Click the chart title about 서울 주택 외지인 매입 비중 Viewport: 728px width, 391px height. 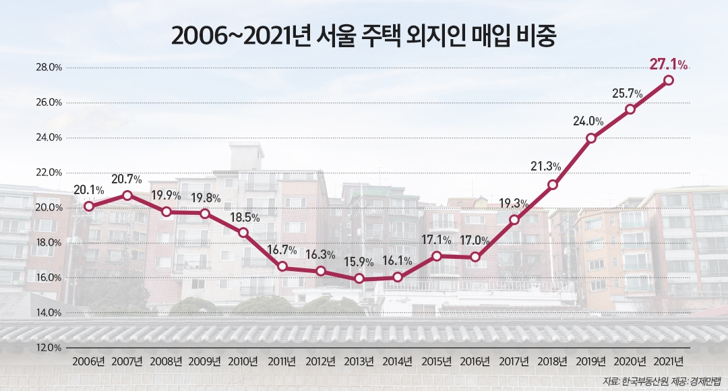pyautogui.click(x=363, y=36)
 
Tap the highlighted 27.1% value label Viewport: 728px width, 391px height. pyautogui.click(x=668, y=65)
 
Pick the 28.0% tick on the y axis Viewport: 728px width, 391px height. pyautogui.click(x=49, y=67)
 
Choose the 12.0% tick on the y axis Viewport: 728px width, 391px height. pyautogui.click(x=49, y=348)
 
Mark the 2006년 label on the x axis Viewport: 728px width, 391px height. pyautogui.click(x=88, y=361)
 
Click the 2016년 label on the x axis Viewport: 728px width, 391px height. pyautogui.click(x=475, y=361)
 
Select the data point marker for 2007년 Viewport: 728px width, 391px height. pyautogui.click(x=127, y=195)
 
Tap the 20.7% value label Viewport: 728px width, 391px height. pyautogui.click(x=126, y=179)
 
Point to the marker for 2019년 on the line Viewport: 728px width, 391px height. pyautogui.click(x=591, y=138)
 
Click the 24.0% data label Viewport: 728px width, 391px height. pyautogui.click(x=588, y=122)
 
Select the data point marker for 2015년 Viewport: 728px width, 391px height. pyautogui.click(x=437, y=256)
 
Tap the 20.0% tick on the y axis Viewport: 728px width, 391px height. pyautogui.click(x=49, y=208)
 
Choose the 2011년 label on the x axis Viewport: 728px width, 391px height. pyautogui.click(x=282, y=361)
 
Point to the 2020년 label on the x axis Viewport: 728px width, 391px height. pyautogui.click(x=630, y=361)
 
